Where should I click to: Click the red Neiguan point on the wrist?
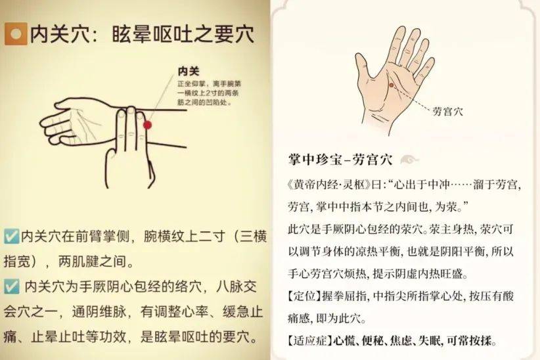(x=147, y=125)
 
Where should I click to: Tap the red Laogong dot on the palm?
(x=392, y=85)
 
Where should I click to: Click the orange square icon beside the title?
(x=16, y=34)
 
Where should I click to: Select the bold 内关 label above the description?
(x=189, y=72)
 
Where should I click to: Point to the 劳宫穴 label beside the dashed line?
(x=447, y=111)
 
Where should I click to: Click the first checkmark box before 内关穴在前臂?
(x=11, y=236)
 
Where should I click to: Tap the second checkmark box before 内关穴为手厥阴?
(x=11, y=286)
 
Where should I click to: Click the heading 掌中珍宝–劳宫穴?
(x=340, y=160)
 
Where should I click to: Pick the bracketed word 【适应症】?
(x=310, y=341)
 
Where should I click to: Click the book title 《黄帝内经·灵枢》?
(x=330, y=185)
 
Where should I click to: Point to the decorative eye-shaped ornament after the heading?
(x=410, y=160)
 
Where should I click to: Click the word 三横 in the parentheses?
(x=254, y=236)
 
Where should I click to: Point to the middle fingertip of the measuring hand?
(x=131, y=110)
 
